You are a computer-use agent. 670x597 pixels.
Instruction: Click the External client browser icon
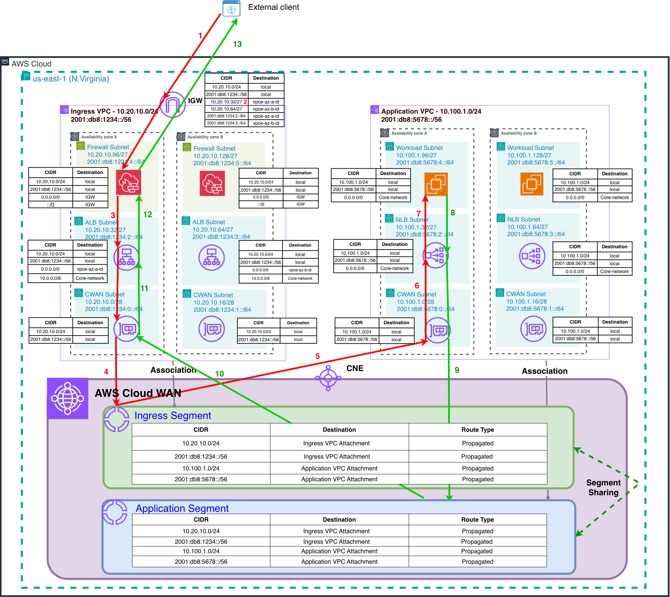point(231,8)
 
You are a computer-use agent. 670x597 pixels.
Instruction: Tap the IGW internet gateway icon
point(173,105)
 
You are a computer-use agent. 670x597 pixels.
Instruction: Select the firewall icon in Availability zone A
point(128,183)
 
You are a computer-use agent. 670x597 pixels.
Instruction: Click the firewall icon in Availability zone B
point(212,184)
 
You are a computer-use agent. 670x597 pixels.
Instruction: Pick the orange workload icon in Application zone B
point(531,184)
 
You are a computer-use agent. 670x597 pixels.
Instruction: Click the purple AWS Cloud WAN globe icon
point(68,399)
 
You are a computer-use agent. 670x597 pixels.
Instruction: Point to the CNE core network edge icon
point(328,378)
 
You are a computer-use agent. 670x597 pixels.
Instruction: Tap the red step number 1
point(200,36)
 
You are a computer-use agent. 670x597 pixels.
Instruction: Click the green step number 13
point(237,44)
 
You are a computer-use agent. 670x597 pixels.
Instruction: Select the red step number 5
point(318,356)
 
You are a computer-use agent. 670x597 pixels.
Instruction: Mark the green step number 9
point(457,370)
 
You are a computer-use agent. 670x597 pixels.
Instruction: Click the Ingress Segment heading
point(172,416)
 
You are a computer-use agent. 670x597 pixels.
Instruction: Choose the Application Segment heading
point(182,508)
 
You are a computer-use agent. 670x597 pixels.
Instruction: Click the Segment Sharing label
point(603,487)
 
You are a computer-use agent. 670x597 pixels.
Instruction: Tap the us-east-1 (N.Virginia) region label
point(70,79)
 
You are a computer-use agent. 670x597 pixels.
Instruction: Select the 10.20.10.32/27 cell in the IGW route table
point(226,102)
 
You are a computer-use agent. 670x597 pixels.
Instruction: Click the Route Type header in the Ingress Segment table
point(478,430)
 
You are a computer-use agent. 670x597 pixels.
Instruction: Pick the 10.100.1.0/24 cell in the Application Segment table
point(201,551)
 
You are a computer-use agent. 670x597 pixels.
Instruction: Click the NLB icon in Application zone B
point(532,256)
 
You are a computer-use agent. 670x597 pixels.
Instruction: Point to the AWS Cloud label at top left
point(32,64)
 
